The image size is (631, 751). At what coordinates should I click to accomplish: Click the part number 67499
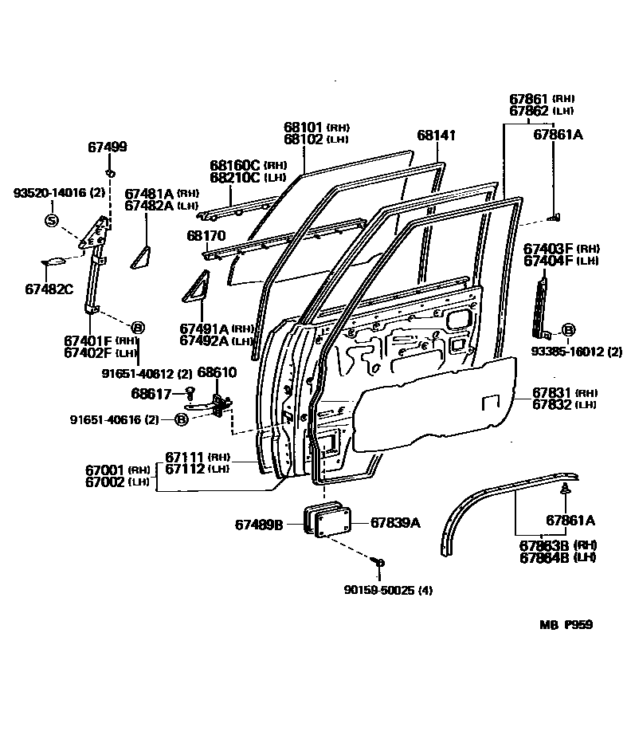[107, 147]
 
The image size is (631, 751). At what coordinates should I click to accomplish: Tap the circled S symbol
[51, 220]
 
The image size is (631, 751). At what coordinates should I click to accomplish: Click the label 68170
[206, 236]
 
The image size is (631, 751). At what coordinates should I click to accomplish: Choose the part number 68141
[436, 136]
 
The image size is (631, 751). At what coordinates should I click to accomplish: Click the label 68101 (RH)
[316, 127]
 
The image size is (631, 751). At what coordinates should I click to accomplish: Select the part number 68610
[217, 372]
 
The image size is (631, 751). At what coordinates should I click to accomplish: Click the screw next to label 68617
[190, 391]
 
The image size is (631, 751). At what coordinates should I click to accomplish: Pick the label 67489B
[259, 524]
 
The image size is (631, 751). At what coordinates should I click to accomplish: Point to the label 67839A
[394, 523]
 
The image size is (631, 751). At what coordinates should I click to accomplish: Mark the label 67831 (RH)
[551, 392]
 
